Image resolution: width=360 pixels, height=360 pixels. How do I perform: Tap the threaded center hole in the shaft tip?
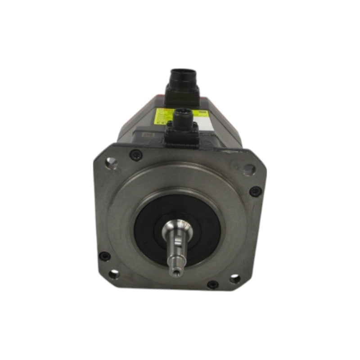pyautogui.click(x=175, y=271)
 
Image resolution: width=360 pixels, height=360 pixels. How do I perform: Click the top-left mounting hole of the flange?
pyautogui.click(x=111, y=163)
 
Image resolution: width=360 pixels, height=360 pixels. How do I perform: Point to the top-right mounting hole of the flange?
pyautogui.click(x=249, y=170)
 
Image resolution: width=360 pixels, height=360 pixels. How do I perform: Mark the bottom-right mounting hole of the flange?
pyautogui.click(x=234, y=279)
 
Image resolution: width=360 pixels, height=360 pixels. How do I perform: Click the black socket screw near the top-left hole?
pyautogui.click(x=135, y=155)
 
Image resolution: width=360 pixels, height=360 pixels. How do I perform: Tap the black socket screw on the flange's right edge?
pyautogui.click(x=255, y=191)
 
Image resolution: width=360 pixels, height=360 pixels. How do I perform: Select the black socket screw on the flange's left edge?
pyautogui.click(x=104, y=256)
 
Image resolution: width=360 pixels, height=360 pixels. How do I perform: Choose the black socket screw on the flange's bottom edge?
pyautogui.click(x=212, y=284)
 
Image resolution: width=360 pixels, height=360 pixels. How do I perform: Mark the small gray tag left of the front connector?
pyautogui.click(x=149, y=135)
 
